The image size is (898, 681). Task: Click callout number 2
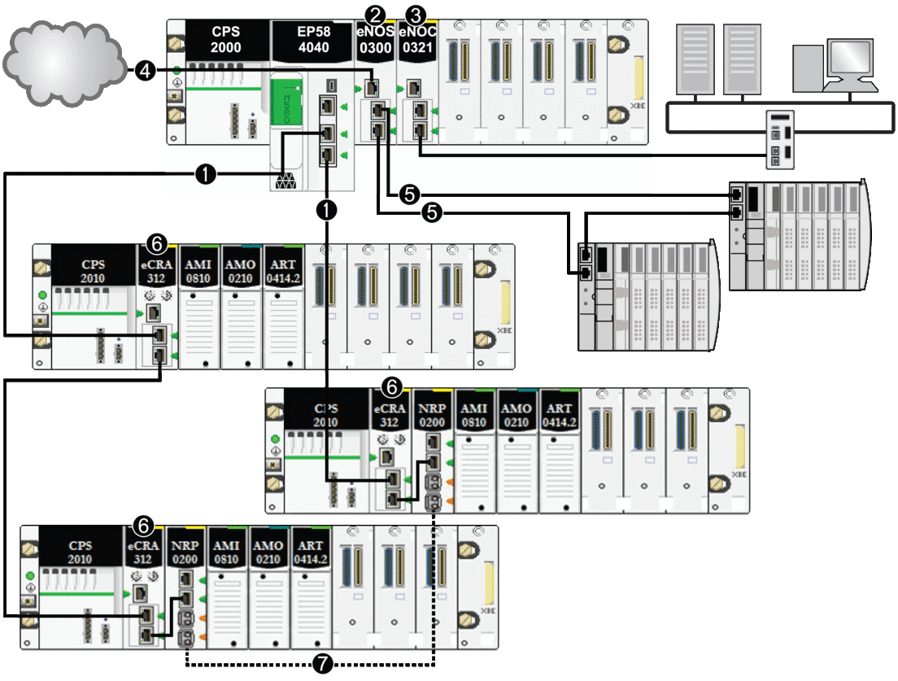(375, 14)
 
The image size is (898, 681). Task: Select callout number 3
(417, 14)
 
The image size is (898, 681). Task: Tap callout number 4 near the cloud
(144, 72)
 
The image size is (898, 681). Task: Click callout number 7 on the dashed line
(323, 663)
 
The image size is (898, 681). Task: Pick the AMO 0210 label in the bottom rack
(269, 552)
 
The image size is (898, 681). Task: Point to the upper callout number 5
(409, 194)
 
